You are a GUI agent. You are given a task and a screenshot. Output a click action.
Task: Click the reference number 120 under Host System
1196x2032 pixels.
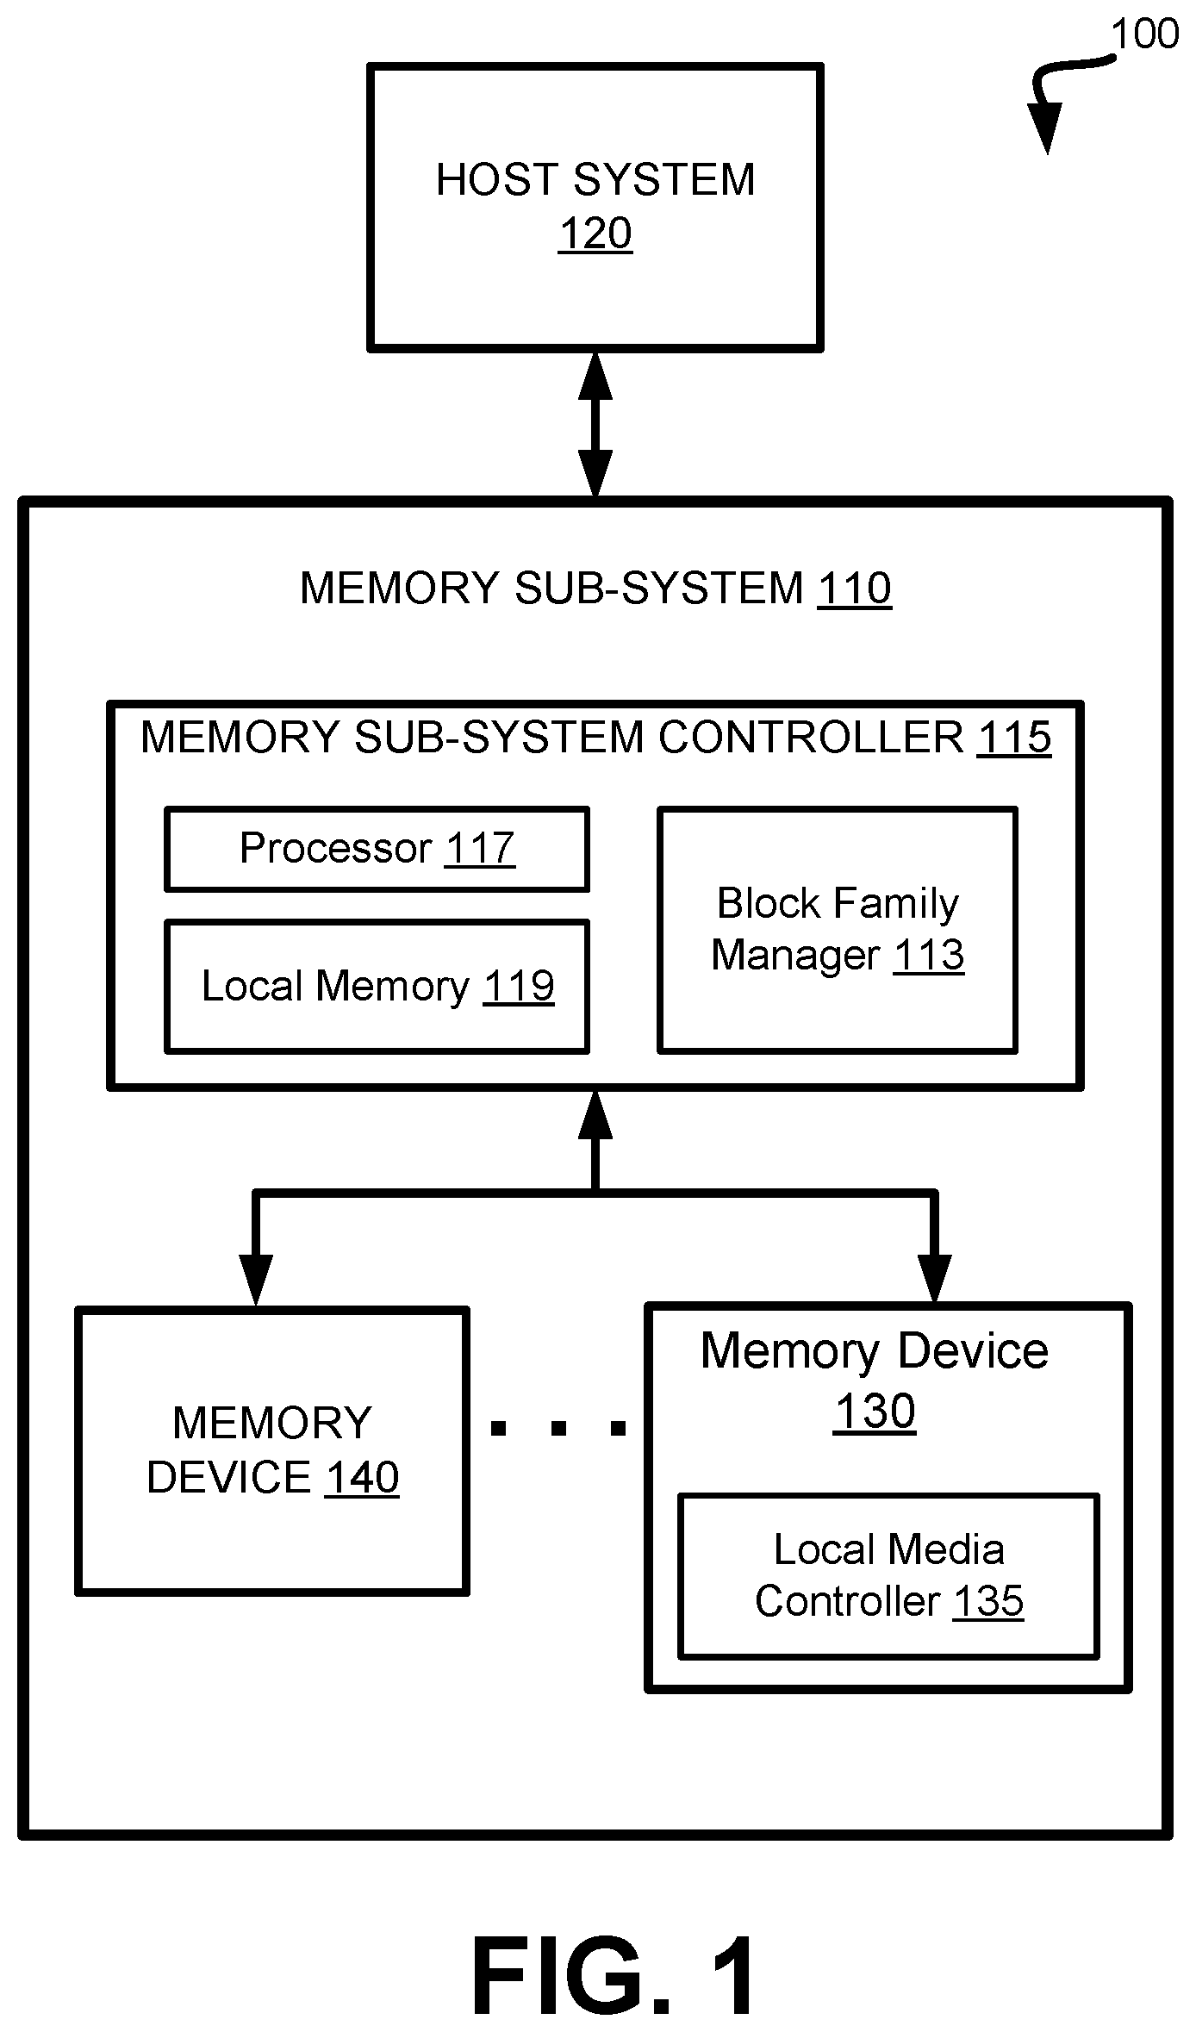pyautogui.click(x=595, y=234)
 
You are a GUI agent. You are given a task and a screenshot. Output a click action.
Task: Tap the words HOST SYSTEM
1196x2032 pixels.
pyautogui.click(x=595, y=180)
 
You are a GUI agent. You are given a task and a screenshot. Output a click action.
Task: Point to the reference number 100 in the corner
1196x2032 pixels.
pyautogui.click(x=1144, y=34)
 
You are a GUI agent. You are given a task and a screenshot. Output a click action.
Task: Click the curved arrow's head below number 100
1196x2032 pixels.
pyautogui.click(x=1045, y=127)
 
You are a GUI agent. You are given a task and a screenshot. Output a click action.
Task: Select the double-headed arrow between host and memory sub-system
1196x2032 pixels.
pyautogui.click(x=595, y=425)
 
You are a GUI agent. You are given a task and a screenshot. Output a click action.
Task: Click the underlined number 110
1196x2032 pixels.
pyautogui.click(x=855, y=589)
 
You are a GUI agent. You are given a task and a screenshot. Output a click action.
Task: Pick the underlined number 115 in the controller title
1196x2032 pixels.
pyautogui.click(x=1014, y=738)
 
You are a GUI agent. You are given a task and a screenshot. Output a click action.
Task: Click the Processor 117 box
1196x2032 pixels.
pyautogui.click(x=377, y=849)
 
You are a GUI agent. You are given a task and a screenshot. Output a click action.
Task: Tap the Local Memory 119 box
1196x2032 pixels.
pyautogui.click(x=377, y=987)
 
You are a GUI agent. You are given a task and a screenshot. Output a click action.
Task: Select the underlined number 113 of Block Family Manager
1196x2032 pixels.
pyautogui.click(x=928, y=955)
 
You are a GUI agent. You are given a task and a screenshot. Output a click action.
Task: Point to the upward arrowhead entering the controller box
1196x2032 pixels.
pyautogui.click(x=595, y=1114)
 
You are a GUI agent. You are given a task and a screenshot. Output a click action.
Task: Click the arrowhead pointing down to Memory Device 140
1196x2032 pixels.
pyautogui.click(x=256, y=1280)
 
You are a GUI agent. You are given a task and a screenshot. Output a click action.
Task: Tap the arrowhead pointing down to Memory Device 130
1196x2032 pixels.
pyautogui.click(x=935, y=1278)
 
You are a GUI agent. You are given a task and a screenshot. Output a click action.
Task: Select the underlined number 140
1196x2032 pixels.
pyautogui.click(x=362, y=1477)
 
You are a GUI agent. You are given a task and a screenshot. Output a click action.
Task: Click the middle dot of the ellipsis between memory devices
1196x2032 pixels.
pyautogui.click(x=558, y=1429)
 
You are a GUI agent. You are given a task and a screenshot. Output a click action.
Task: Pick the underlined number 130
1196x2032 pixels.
pyautogui.click(x=875, y=1412)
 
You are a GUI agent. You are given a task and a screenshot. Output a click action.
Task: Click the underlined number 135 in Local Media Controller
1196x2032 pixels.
pyautogui.click(x=988, y=1602)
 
